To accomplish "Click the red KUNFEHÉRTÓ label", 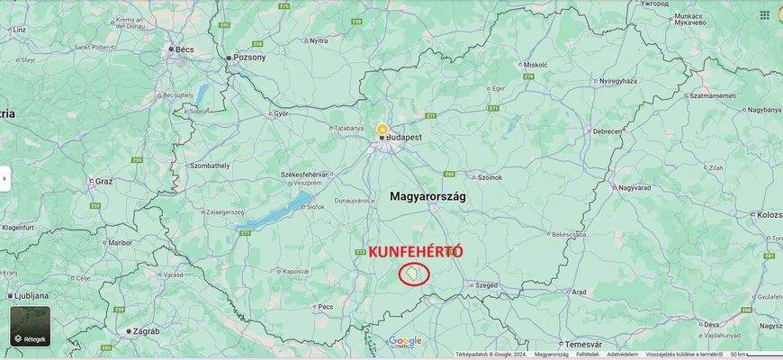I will [416, 251].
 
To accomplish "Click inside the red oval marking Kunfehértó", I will [414, 274].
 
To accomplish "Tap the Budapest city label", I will [405, 137].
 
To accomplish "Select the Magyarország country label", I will [427, 196].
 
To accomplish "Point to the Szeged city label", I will [486, 285].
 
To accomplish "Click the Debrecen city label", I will [607, 131].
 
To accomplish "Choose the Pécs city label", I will [326, 306].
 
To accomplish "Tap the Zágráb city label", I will [144, 331].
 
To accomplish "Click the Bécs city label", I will [185, 50].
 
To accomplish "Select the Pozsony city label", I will [249, 58].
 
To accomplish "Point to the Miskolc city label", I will [535, 65].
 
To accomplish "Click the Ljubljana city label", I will [31, 295].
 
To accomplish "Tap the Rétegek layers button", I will [30, 327].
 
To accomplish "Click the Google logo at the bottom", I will [405, 340].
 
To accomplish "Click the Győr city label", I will [281, 114].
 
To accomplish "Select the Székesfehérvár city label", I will [305, 174].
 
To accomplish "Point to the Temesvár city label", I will [583, 344].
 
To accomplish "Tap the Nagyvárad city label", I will [634, 188].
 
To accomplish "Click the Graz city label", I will [103, 181].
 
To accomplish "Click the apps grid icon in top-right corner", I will [765, 14].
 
